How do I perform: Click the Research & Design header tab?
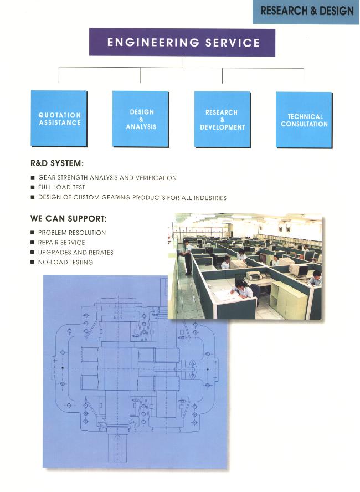306,12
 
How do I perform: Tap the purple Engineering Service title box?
182,42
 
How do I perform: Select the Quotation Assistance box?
59,119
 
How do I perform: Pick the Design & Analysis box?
141,119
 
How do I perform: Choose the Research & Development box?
222,119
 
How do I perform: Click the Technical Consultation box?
304,120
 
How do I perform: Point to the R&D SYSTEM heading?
57,163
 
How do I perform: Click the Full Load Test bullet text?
61,187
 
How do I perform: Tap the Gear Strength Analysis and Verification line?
107,178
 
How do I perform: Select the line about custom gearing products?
132,197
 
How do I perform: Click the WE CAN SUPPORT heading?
69,218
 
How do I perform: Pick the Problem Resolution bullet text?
72,233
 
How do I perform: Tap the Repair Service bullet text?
61,243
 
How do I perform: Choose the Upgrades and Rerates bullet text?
75,252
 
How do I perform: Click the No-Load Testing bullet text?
65,262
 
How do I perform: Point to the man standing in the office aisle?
187,257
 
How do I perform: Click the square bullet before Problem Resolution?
32,233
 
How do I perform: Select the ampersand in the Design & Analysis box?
141,119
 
